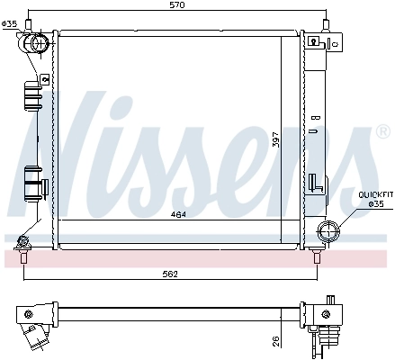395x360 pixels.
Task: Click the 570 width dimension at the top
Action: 177,7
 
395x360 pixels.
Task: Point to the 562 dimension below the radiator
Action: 169,274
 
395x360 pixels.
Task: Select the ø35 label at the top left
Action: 10,24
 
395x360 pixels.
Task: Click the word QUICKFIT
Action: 375,193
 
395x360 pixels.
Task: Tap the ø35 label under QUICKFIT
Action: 378,204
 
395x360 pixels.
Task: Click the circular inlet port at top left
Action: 39,43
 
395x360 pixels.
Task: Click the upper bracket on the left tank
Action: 31,94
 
